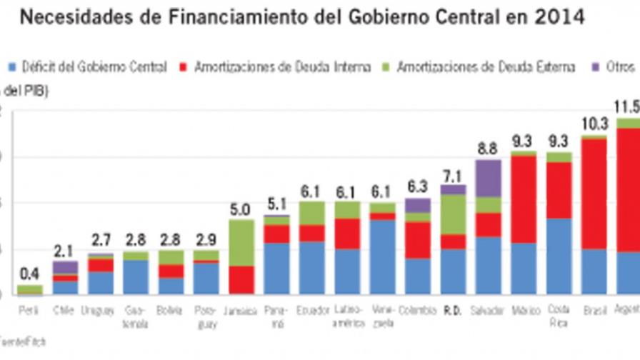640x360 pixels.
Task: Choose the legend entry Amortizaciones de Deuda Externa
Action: click(479, 67)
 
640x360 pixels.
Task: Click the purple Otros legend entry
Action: click(615, 67)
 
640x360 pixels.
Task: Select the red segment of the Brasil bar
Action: click(594, 194)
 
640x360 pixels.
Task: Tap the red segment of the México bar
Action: click(524, 199)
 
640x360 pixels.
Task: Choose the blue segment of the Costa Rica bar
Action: click(559, 256)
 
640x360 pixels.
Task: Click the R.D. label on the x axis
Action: click(453, 311)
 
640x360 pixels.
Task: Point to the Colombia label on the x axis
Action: click(419, 311)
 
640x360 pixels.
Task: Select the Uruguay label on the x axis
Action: click(100, 311)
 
